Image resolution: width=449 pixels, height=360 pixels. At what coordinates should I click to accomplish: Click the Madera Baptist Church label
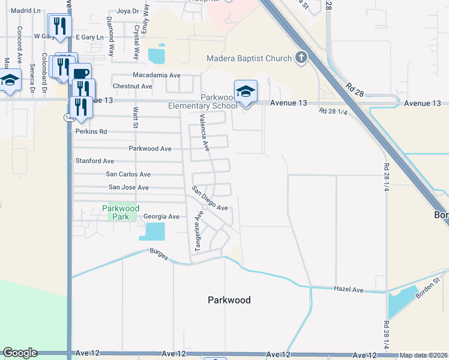pyautogui.click(x=249, y=59)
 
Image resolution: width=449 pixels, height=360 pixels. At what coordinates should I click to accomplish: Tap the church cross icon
pyautogui.click(x=301, y=58)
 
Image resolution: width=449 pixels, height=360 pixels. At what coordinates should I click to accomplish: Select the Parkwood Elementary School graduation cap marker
pyautogui.click(x=246, y=92)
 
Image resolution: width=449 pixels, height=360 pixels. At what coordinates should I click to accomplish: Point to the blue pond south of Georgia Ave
pyautogui.click(x=154, y=231)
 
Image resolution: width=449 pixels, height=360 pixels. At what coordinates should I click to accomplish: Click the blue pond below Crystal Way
pyautogui.click(x=157, y=55)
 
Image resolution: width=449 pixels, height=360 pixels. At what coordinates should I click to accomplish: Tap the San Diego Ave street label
pyautogui.click(x=209, y=199)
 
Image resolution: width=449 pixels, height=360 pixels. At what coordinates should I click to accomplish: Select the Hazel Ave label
pyautogui.click(x=349, y=290)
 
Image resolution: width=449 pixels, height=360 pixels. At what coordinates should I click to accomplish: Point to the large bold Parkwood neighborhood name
pyautogui.click(x=229, y=300)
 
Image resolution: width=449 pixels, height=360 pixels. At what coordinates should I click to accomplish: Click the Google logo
pyautogui.click(x=20, y=353)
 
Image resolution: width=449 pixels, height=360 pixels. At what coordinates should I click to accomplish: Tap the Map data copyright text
pyautogui.click(x=423, y=355)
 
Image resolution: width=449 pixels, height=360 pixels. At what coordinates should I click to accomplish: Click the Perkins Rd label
pyautogui.click(x=91, y=131)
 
